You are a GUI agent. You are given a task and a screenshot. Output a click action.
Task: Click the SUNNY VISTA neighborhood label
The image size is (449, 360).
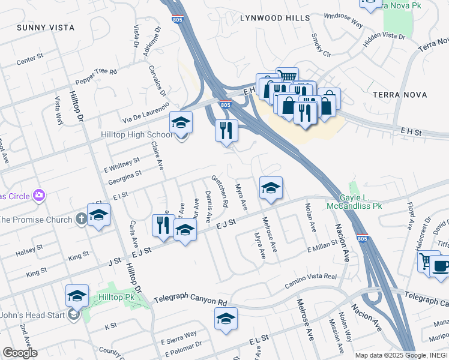click(x=46, y=28)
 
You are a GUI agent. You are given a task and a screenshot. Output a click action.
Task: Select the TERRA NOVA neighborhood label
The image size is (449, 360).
click(x=400, y=95)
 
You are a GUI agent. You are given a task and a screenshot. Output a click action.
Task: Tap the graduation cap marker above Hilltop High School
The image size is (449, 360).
click(x=181, y=122)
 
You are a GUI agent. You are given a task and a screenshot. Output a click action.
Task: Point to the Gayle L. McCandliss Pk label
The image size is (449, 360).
click(x=354, y=202)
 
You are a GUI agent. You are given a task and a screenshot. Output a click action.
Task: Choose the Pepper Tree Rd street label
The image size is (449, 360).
click(x=95, y=76)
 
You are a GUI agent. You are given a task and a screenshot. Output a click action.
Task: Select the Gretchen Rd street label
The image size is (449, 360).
click(x=219, y=191)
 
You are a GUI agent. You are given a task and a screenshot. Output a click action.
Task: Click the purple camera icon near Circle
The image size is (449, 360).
click(x=40, y=195)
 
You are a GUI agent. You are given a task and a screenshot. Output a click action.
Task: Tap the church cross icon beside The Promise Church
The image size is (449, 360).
click(x=82, y=219)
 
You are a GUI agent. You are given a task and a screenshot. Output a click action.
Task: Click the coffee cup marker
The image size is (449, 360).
click(x=441, y=266)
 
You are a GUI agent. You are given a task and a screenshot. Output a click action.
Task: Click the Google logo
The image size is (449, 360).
click(x=20, y=352)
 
